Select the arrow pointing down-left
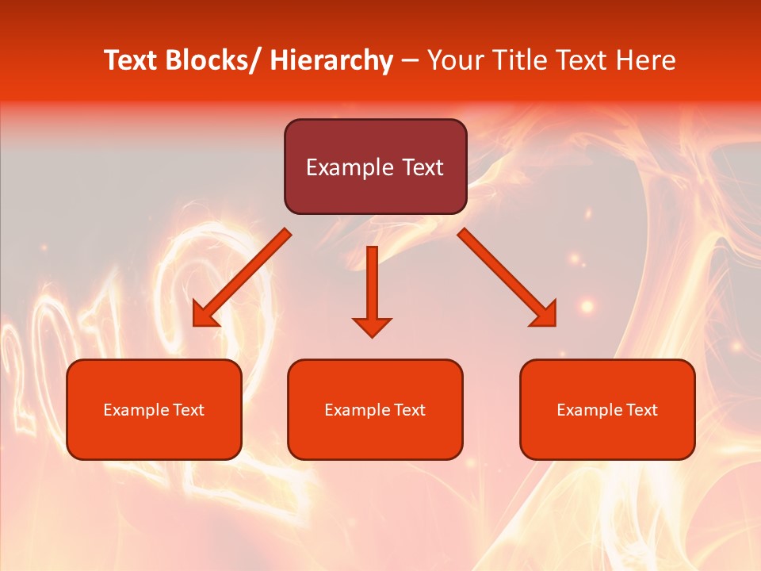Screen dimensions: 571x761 [242, 277]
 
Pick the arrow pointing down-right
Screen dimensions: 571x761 [507, 277]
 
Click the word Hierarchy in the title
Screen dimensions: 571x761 [331, 61]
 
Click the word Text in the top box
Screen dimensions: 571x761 [422, 168]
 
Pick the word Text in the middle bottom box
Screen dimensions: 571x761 [408, 410]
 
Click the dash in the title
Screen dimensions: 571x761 [410, 61]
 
